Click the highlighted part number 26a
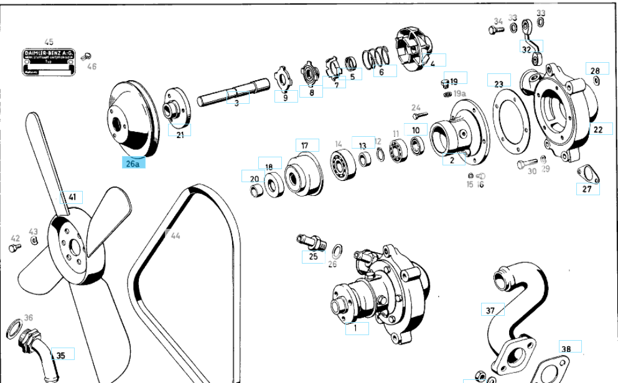[x=133, y=164]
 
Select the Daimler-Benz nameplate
[x=49, y=63]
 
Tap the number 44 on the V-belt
[x=175, y=236]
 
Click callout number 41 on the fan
[x=72, y=197]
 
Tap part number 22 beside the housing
[x=598, y=129]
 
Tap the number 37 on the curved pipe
[x=490, y=310]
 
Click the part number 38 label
[x=565, y=349]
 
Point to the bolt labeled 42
[x=13, y=248]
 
